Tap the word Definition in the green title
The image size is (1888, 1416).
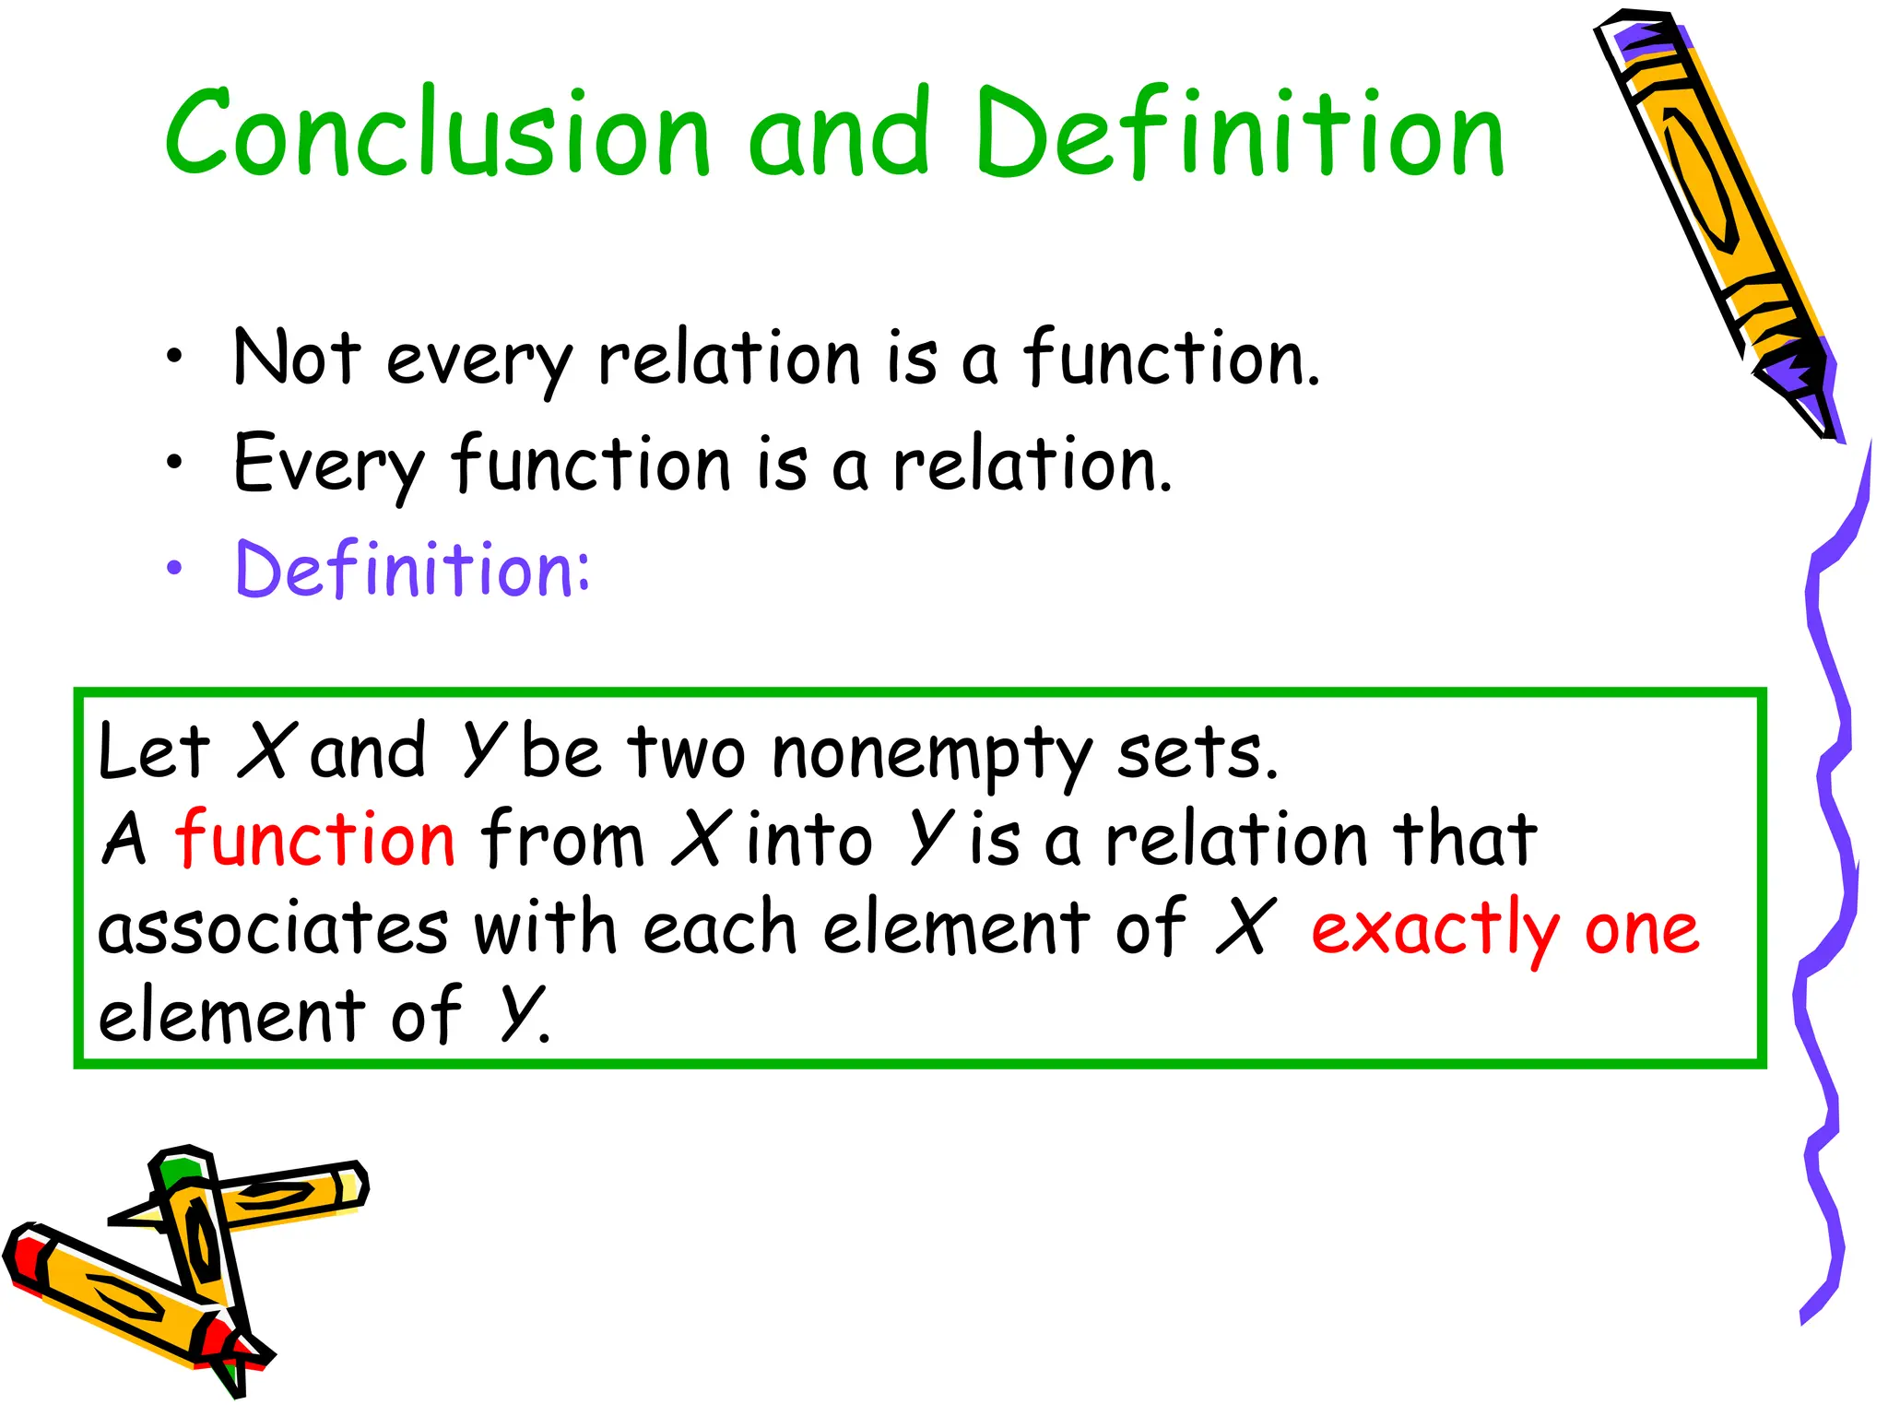point(1240,134)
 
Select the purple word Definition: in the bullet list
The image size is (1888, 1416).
point(412,570)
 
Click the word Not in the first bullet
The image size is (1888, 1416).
point(296,358)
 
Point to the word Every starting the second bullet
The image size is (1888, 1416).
point(327,464)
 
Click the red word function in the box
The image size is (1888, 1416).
point(315,839)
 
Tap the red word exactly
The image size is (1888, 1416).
point(1434,929)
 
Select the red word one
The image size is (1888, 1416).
point(1642,929)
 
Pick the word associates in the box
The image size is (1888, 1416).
point(273,929)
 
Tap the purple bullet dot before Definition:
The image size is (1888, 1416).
point(174,570)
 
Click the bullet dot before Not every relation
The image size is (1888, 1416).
point(174,358)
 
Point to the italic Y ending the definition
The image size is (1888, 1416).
point(519,1014)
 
